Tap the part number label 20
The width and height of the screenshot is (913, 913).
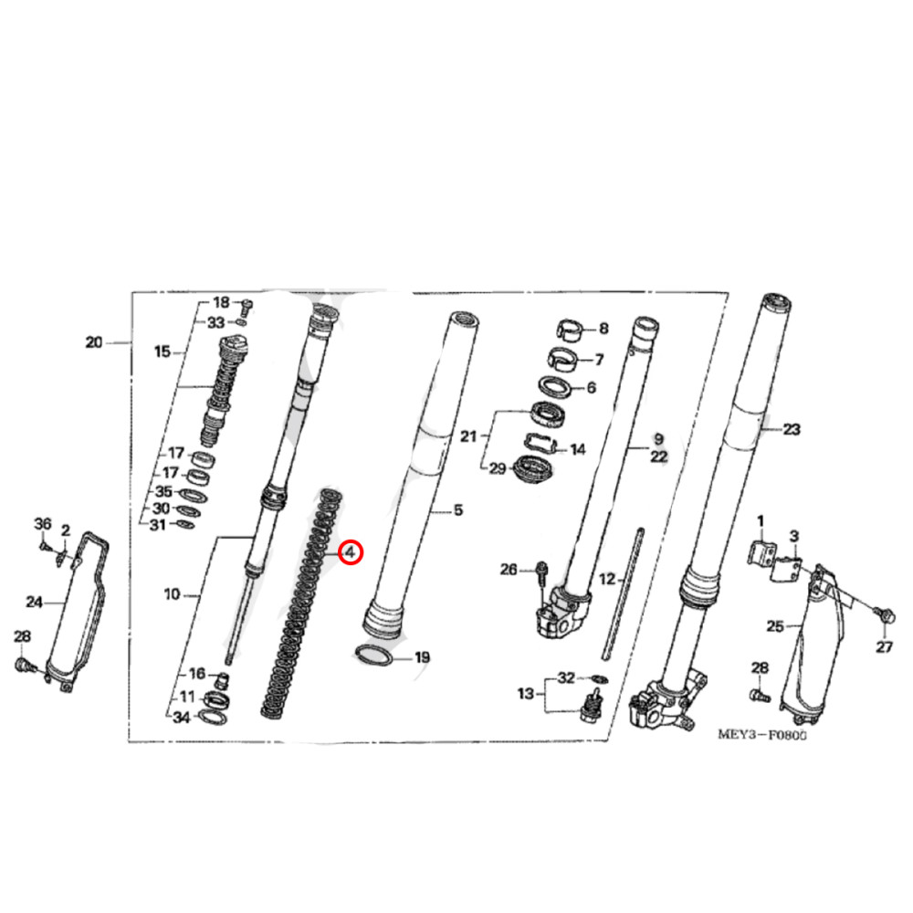coord(93,343)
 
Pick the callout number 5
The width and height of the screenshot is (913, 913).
coord(458,511)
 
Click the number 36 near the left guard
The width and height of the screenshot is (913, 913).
coord(43,522)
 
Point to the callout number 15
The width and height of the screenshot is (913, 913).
coord(163,352)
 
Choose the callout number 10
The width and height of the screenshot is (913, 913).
coord(173,595)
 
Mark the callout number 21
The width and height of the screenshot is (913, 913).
coord(468,437)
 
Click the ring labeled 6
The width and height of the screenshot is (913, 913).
coord(554,387)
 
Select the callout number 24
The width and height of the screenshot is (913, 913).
coord(34,602)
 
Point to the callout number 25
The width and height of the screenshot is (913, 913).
coord(775,625)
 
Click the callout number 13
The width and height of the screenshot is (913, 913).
coord(525,694)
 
